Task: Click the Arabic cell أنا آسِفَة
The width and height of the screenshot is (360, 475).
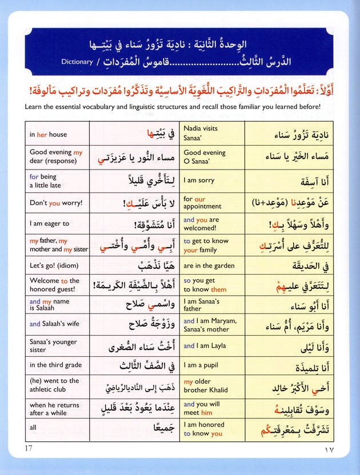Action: click(x=298, y=180)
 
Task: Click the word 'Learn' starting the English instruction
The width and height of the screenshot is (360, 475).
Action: click(x=35, y=107)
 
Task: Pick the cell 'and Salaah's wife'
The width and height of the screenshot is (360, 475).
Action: click(x=57, y=324)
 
